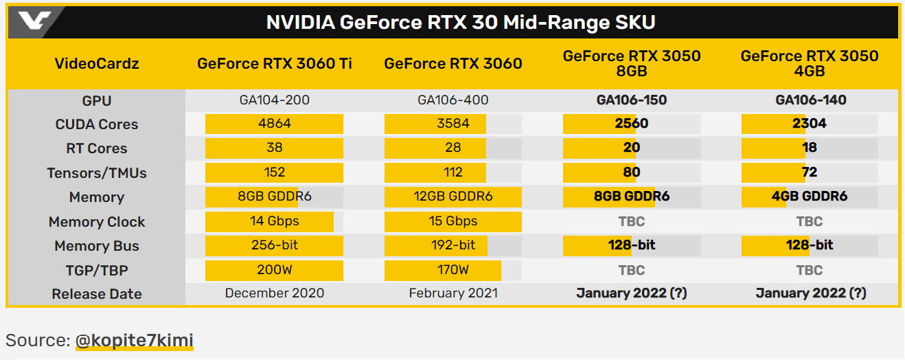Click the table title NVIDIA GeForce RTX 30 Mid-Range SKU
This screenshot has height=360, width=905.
pos(460,23)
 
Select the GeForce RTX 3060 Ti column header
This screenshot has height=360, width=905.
pos(275,64)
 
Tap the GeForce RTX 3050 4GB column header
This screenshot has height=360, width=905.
pos(810,64)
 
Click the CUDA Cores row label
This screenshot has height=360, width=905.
pos(97,124)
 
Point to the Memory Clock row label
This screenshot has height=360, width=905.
pos(97,222)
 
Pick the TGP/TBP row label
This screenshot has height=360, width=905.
pos(97,270)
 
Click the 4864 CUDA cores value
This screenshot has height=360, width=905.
pos(275,124)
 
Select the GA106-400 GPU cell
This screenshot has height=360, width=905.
pos(453,100)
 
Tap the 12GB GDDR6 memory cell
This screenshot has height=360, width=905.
pos(453,196)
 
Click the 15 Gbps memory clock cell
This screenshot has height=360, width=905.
pos(453,221)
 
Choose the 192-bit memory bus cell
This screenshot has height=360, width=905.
pos(453,245)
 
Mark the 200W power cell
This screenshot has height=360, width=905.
pos(275,270)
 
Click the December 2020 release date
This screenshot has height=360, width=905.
pos(275,293)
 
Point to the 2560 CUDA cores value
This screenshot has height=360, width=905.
pos(632,124)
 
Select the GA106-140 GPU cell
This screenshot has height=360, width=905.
pos(810,100)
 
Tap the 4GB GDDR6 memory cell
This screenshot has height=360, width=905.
pos(810,196)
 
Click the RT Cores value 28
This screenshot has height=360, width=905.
pos(453,148)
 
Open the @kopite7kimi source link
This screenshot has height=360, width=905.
pos(135,340)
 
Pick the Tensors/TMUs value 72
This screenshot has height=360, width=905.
pos(810,172)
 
